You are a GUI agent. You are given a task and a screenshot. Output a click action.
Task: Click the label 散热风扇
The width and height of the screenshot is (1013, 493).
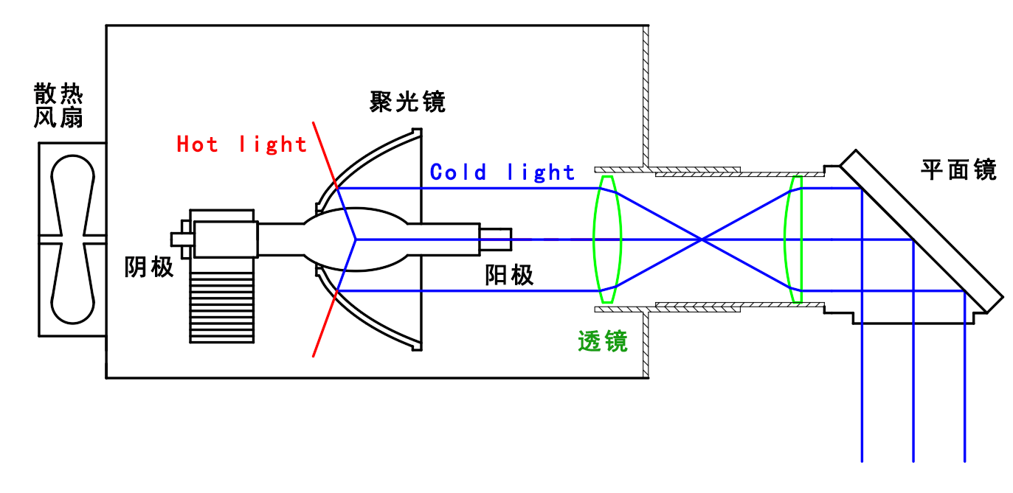pyautogui.click(x=58, y=105)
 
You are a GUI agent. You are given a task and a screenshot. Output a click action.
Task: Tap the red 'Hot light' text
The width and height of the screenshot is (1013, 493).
pyautogui.click(x=241, y=144)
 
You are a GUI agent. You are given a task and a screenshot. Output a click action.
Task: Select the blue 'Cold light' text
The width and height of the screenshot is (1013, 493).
pyautogui.click(x=502, y=172)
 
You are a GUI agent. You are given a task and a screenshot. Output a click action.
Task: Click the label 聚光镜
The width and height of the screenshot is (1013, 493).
pyautogui.click(x=407, y=102)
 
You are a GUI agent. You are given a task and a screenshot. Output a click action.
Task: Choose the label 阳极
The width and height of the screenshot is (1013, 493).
pyautogui.click(x=509, y=276)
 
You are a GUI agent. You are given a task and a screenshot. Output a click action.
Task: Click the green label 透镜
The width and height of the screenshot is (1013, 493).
pyautogui.click(x=603, y=341)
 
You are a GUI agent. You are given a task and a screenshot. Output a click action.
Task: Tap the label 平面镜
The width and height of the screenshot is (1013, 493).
pyautogui.click(x=958, y=170)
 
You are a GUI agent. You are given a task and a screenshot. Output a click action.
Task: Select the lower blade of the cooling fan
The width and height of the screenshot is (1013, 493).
pyautogui.click(x=72, y=287)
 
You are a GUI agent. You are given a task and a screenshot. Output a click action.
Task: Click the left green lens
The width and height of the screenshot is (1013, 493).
pyautogui.click(x=607, y=239)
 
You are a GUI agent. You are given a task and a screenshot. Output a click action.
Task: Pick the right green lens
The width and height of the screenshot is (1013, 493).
pyautogui.click(x=795, y=239)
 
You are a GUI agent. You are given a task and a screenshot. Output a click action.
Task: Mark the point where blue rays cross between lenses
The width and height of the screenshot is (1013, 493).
pyautogui.click(x=702, y=239)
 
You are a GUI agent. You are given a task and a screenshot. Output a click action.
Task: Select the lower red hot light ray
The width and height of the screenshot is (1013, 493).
pyautogui.click(x=325, y=325)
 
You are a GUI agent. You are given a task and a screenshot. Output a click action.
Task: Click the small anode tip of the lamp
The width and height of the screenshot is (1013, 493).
pyautogui.click(x=495, y=239)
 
